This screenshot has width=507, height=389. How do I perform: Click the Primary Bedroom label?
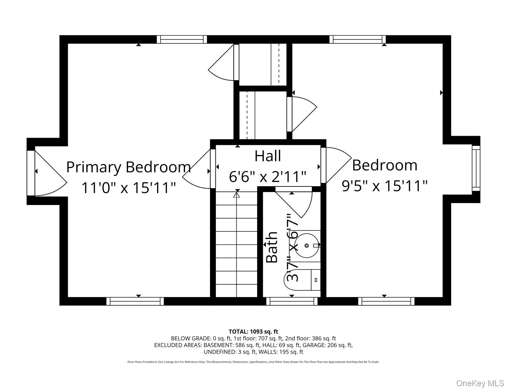[128, 167]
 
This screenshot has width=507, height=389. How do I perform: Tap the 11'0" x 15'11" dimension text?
[128, 188]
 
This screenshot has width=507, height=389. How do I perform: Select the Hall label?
[268, 156]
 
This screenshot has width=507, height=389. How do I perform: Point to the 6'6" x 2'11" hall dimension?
[268, 177]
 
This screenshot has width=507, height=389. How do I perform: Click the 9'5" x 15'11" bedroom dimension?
[385, 186]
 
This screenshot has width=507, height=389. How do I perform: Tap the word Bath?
[272, 247]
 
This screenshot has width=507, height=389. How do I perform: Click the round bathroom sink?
[307, 246]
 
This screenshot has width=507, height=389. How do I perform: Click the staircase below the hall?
[237, 245]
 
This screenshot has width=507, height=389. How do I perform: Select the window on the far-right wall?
[476, 168]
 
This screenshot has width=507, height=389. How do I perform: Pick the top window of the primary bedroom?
[182, 39]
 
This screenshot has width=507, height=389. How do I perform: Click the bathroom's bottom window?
[292, 301]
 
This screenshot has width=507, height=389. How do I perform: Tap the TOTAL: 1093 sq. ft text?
[253, 331]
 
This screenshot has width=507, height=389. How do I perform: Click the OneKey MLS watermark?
[480, 383]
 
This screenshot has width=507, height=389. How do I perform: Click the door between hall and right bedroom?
[336, 164]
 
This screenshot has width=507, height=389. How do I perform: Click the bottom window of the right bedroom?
[386, 301]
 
